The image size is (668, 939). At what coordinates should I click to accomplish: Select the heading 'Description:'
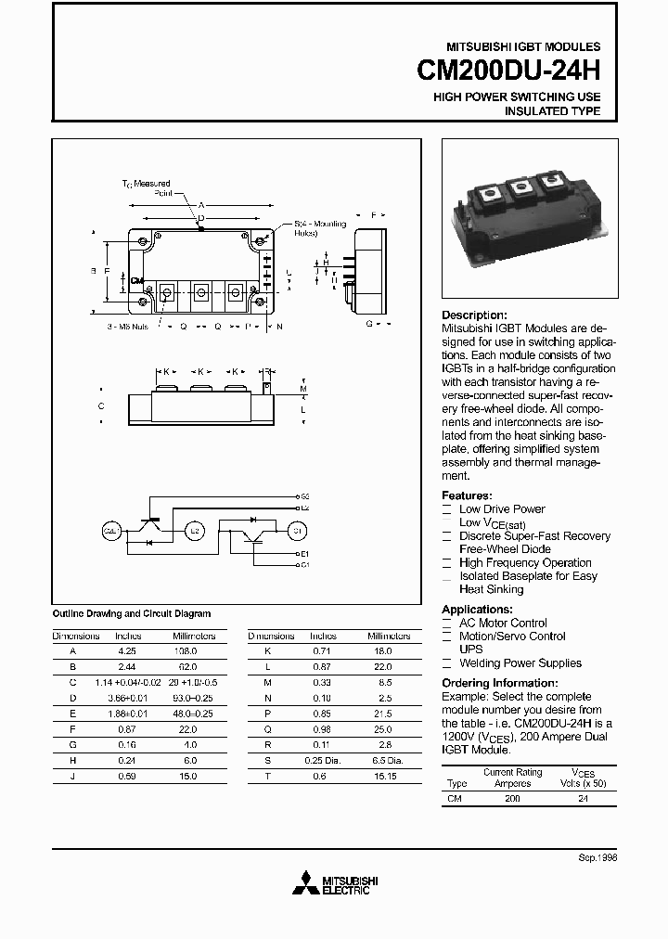474,315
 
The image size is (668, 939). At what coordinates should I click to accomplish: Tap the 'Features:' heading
467,495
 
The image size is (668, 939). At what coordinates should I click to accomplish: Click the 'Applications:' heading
477,610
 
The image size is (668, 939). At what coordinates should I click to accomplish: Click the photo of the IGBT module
525,219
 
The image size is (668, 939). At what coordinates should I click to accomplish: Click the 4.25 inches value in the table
127,652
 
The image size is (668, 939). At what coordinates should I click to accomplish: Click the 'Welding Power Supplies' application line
520,663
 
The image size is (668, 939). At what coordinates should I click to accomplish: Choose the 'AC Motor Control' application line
503,624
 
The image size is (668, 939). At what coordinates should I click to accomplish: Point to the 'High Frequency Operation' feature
525,563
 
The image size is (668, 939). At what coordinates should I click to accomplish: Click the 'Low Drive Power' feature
502,509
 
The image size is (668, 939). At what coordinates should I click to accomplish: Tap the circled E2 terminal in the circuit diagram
194,531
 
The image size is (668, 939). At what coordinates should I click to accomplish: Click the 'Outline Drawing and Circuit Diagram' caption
131,613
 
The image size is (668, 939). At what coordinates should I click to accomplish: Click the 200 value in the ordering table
512,797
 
